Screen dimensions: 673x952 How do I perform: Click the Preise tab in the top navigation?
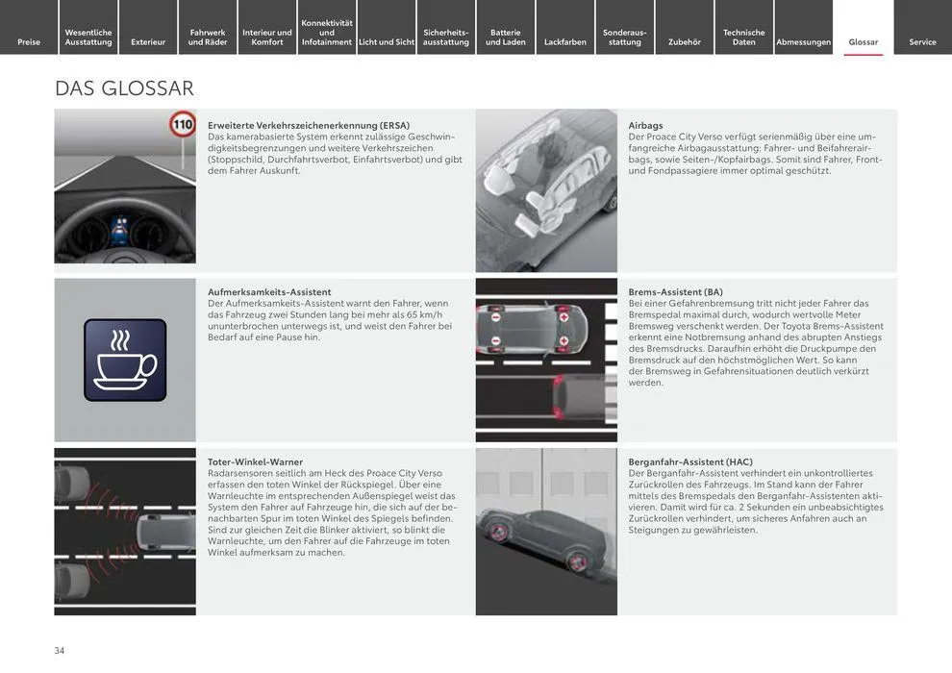[29, 41]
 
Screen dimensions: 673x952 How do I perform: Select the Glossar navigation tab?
[863, 41]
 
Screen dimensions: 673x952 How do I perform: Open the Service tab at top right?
[922, 41]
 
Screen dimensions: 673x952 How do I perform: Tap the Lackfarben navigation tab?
[564, 41]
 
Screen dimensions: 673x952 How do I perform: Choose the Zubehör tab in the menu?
[685, 41]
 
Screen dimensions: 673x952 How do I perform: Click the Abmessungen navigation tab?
[803, 41]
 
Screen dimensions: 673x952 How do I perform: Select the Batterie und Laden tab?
[505, 37]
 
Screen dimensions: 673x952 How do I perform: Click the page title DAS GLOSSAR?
[124, 88]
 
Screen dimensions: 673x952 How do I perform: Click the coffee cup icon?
[124, 360]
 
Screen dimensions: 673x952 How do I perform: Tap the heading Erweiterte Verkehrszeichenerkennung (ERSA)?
[308, 125]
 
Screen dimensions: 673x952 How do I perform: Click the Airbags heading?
[645, 125]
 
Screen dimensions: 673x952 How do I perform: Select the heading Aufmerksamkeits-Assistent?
[269, 291]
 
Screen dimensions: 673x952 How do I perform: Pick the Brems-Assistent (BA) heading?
[675, 291]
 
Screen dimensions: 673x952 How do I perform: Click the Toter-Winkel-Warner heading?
[255, 461]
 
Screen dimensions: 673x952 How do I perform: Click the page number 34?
[60, 650]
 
